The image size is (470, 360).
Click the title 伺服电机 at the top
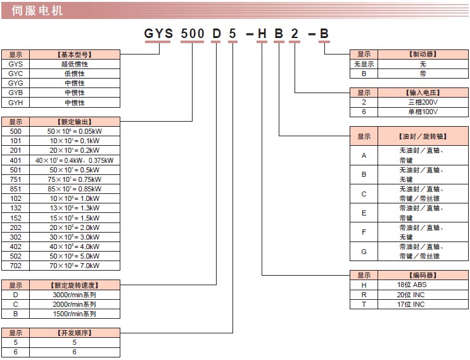37,10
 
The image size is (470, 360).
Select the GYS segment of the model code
159,34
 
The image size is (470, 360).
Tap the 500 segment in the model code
193,34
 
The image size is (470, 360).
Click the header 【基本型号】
74,55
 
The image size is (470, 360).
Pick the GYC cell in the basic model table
16,74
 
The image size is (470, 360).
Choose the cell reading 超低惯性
74,64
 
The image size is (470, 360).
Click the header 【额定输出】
74,120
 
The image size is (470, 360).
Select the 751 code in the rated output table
16,179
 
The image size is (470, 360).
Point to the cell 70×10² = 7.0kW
74,266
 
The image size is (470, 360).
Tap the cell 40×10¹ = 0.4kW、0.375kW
74,160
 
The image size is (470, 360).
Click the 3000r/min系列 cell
74,295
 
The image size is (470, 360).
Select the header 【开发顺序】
74,333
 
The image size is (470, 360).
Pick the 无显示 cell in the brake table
364,64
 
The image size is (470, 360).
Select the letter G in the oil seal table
364,251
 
